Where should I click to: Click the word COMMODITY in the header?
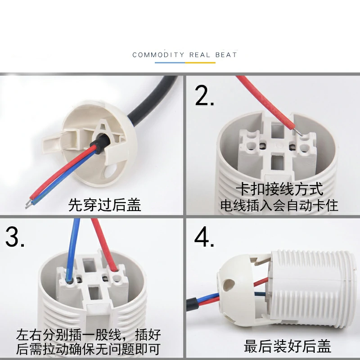pos(158,55)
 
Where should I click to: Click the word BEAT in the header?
pos(226,55)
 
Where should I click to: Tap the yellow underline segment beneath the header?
pos(200,63)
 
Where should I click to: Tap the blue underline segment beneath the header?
pos(170,63)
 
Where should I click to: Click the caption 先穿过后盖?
pos(104,205)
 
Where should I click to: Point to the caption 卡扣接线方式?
pos(279,189)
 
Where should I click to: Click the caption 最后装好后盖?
pos(287,346)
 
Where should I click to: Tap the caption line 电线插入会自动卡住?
pos(279,205)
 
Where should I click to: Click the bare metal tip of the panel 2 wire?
pos(298,132)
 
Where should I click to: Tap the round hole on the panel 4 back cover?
pos(228,285)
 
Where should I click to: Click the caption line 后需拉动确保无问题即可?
pos(88,349)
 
